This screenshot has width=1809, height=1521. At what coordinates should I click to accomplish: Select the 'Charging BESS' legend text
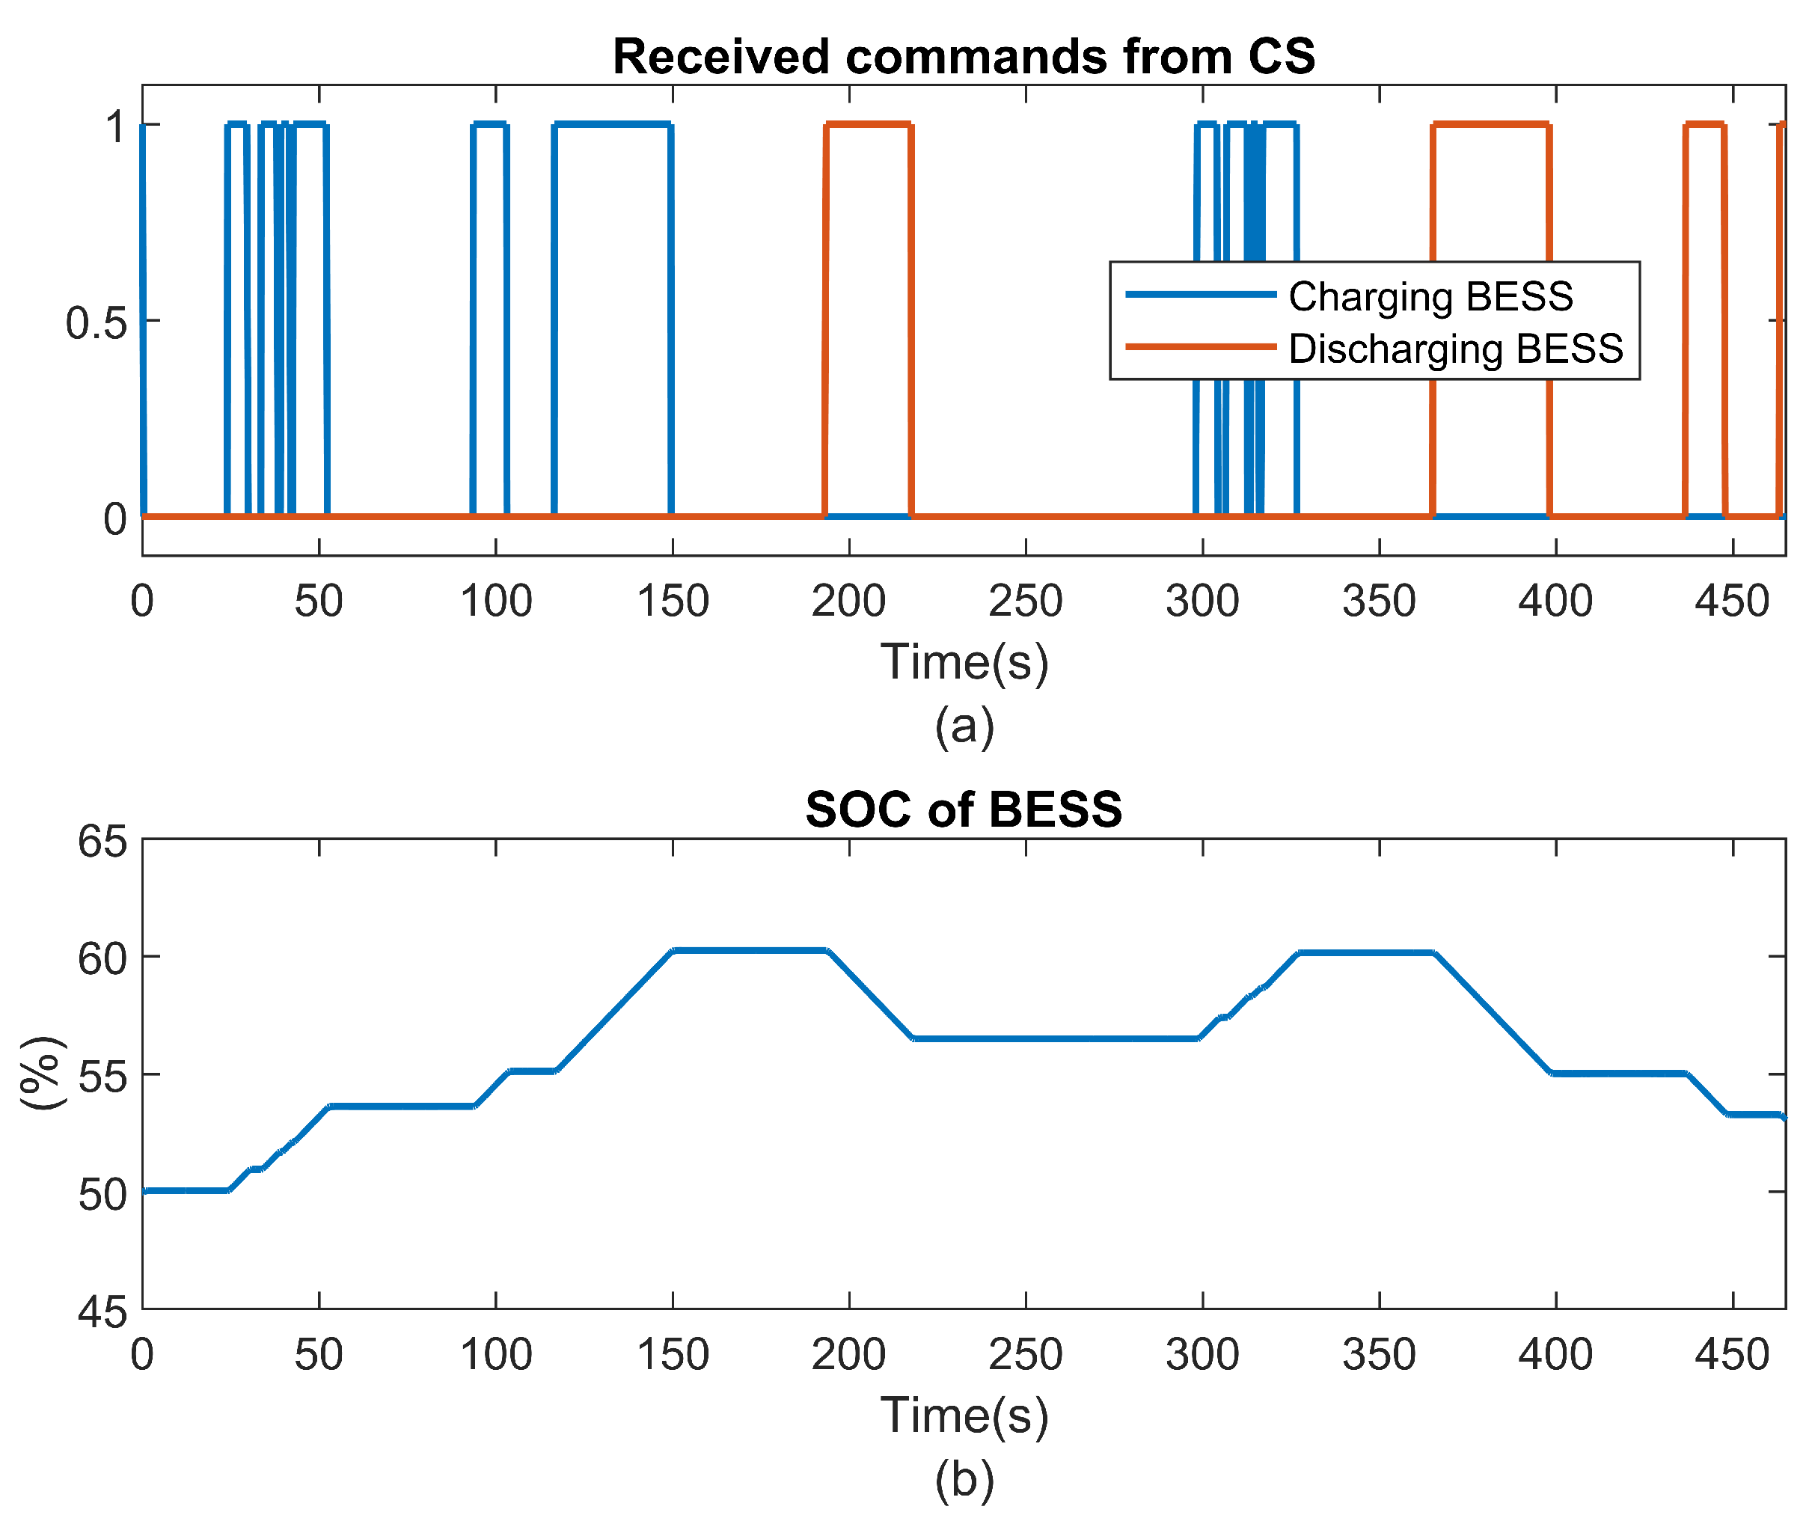tap(1430, 296)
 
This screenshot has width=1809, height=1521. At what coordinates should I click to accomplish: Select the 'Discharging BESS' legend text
tap(1454, 349)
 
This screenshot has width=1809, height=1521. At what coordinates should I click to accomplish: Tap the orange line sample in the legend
tap(1200, 347)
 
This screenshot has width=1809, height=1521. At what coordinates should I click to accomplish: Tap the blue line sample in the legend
tap(1200, 295)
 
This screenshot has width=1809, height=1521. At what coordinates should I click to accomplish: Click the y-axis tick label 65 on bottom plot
tap(102, 842)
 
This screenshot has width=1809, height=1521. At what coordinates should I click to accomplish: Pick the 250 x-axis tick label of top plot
tap(1025, 601)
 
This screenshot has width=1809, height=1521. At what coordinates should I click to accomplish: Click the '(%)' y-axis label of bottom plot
tap(41, 1073)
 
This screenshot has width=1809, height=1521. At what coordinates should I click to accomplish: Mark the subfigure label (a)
tap(964, 726)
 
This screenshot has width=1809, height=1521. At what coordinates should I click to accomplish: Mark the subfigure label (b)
tap(964, 1480)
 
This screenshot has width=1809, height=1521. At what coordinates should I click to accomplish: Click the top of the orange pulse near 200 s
tap(867, 125)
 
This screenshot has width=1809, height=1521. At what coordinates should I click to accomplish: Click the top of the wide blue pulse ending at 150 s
tap(612, 125)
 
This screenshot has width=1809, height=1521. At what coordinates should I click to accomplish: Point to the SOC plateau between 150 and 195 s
tap(750, 950)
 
